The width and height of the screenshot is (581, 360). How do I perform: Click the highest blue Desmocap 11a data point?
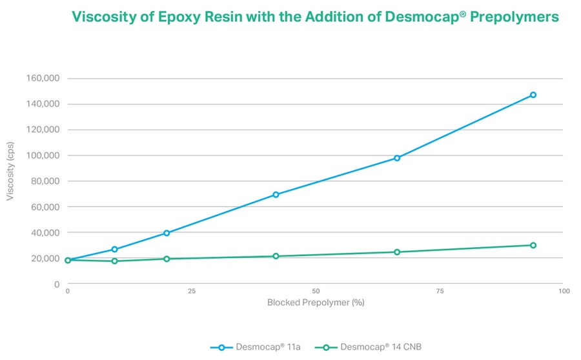pos(533,95)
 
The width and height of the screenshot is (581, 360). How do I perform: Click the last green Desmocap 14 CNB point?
pos(533,245)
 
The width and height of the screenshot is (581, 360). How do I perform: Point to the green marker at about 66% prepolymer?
pos(397,252)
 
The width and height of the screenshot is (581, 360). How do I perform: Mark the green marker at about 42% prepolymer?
pos(276,256)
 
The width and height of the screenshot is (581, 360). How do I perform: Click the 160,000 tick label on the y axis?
pos(42,79)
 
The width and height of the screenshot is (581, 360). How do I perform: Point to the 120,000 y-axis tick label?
pos(42,130)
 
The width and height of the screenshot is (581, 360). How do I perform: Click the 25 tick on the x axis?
pos(192,292)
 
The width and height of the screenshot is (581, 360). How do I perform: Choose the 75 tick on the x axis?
pos(440,292)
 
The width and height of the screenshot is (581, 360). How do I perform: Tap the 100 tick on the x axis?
pos(564,292)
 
